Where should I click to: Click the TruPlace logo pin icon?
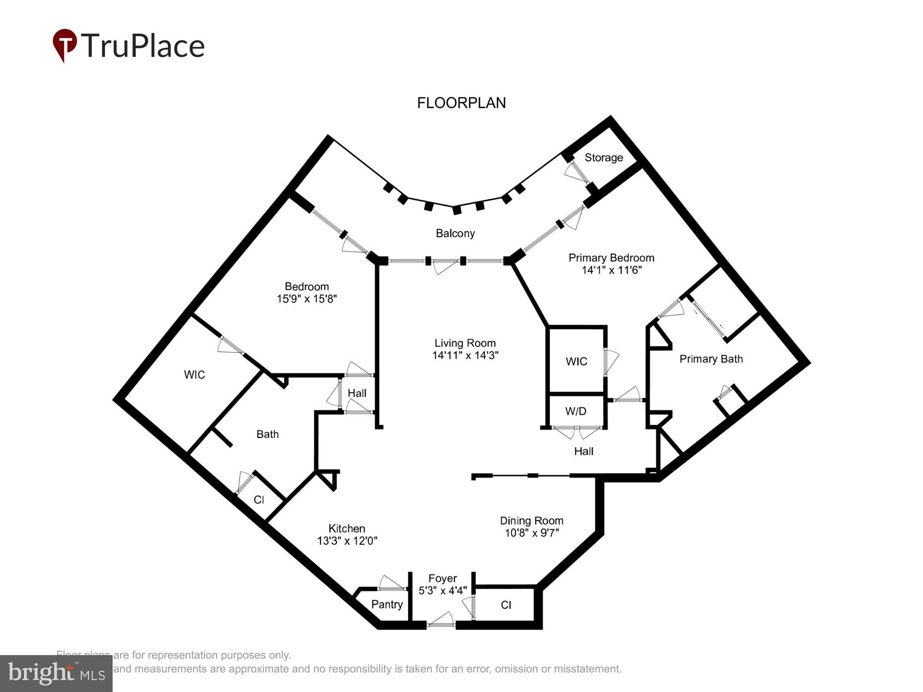click(x=65, y=45)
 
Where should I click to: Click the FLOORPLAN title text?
click(x=461, y=103)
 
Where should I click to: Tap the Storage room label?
click(x=604, y=158)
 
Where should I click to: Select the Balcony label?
click(x=455, y=233)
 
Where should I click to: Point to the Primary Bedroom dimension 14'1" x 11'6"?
click(x=611, y=270)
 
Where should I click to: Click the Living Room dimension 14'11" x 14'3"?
click(x=465, y=355)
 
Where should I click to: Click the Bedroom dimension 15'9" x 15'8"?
click(x=306, y=299)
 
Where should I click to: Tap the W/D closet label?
click(x=575, y=411)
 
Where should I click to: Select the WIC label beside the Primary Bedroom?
click(x=576, y=361)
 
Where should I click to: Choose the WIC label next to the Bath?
click(x=194, y=375)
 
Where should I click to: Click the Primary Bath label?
click(x=711, y=359)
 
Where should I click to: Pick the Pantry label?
click(x=387, y=604)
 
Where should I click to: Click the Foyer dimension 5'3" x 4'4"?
click(x=443, y=591)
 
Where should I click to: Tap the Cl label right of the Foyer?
click(x=506, y=605)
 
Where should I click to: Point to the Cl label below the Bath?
click(x=259, y=500)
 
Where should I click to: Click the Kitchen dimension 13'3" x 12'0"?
click(x=347, y=541)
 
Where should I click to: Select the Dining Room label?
click(x=531, y=521)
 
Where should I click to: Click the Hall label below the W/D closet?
click(x=583, y=451)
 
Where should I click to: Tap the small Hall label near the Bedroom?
click(x=357, y=393)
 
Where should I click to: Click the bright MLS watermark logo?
click(x=56, y=674)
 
